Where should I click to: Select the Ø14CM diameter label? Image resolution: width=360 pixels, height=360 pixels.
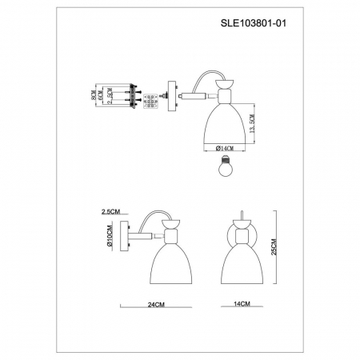tap(223, 149)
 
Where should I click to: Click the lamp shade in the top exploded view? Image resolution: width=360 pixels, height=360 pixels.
tap(223, 123)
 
